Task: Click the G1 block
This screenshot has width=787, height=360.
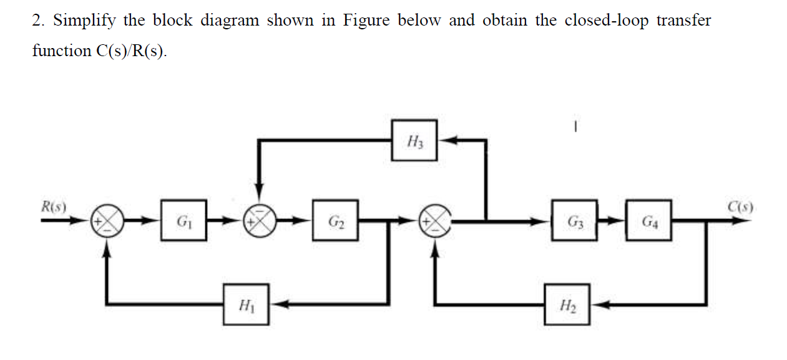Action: click(183, 220)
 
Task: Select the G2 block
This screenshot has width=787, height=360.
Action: click(336, 220)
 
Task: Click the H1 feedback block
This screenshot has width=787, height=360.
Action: click(246, 304)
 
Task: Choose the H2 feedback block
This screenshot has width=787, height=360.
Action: click(566, 304)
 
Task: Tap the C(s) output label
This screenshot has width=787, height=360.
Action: click(740, 205)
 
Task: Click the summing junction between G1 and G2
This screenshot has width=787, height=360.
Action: click(262, 221)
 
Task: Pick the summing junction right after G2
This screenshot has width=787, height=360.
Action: click(436, 221)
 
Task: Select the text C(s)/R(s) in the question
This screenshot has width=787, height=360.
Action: click(131, 51)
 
